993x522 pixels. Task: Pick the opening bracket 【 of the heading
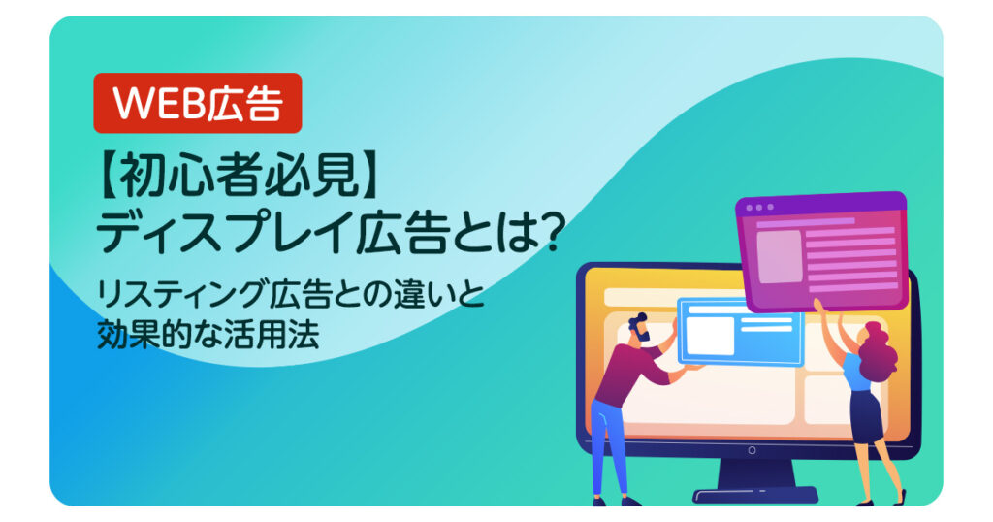click(x=111, y=176)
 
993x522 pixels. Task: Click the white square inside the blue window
click(x=711, y=336)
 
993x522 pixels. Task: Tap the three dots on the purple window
click(x=758, y=207)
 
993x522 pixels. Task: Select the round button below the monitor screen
click(x=752, y=450)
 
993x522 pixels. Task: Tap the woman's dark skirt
click(x=866, y=417)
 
